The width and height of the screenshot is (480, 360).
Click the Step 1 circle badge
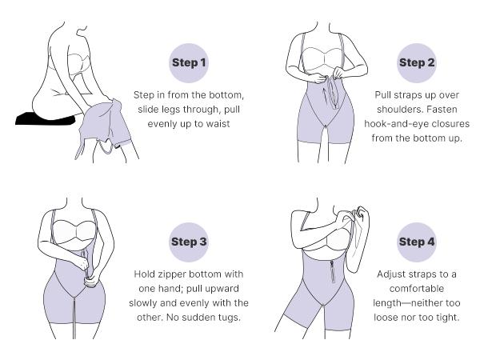(189, 63)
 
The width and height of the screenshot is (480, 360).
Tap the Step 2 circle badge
(417, 63)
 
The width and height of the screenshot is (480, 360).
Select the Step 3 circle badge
(189, 242)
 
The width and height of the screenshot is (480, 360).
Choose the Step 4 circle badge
(417, 242)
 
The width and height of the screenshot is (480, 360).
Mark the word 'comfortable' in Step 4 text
(417, 289)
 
